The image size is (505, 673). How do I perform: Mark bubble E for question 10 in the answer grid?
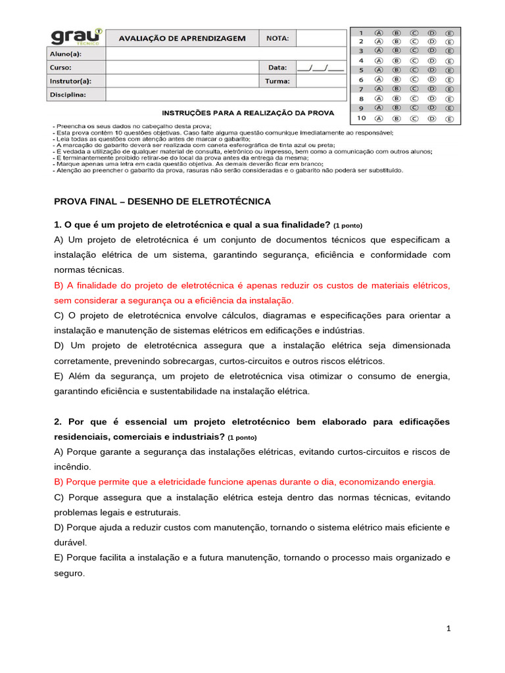tap(450, 119)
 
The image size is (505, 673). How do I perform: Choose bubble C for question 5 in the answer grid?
tap(414, 69)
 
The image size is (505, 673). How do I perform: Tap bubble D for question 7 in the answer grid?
tap(432, 89)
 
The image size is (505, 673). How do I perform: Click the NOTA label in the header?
tap(277, 38)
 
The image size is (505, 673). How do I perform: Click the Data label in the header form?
tap(277, 67)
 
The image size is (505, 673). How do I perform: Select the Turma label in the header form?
tap(277, 81)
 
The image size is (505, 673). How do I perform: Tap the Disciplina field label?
tap(68, 94)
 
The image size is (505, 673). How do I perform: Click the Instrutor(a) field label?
tap(70, 81)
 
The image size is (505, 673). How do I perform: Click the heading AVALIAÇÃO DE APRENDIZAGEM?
tap(182, 38)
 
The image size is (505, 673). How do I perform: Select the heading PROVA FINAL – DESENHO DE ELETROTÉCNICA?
tap(162, 201)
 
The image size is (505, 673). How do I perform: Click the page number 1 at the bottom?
tap(448, 629)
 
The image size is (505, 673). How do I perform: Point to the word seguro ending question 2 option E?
tap(68, 573)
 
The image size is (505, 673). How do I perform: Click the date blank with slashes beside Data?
tap(320, 67)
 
